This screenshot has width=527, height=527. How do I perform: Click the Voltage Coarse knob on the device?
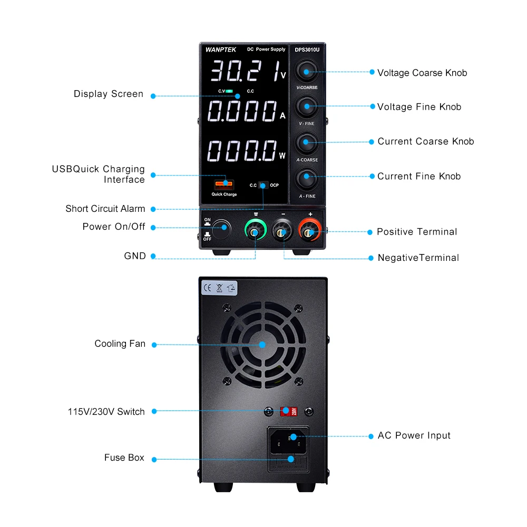click(306, 72)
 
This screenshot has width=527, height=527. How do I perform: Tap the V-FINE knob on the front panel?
click(306, 106)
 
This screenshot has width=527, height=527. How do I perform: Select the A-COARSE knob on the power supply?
click(306, 142)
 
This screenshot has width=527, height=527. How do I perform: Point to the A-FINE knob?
click(306, 177)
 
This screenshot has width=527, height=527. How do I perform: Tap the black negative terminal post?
click(283, 232)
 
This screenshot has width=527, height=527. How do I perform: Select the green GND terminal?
click(256, 232)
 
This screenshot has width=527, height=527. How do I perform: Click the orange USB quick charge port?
click(224, 184)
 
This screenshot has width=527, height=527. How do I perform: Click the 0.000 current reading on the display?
click(242, 112)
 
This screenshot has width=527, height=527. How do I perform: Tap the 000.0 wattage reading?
click(242, 151)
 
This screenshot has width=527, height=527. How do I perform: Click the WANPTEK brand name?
click(217, 50)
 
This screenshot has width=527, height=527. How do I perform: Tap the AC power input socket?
click(288, 442)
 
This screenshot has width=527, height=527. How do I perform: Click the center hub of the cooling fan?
click(262, 344)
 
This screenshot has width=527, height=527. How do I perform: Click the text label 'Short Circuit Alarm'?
click(105, 209)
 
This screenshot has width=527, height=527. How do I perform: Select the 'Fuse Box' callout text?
click(124, 457)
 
